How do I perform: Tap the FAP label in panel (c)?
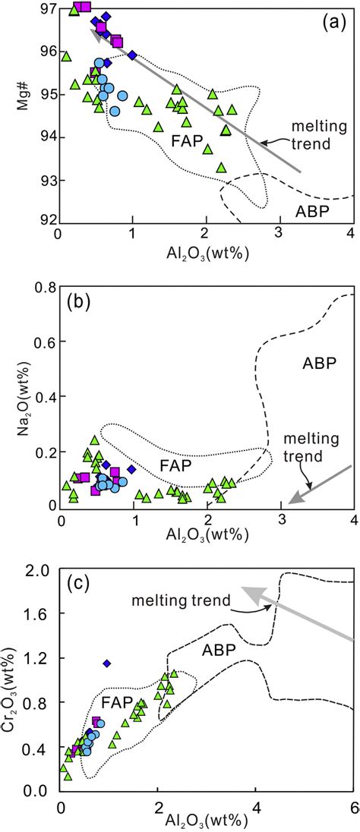point(116,701)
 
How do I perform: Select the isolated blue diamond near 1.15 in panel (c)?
point(107,663)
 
